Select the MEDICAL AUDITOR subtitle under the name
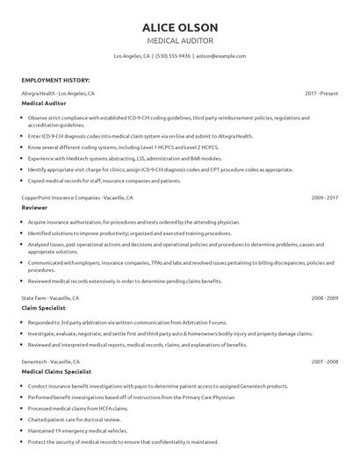[180, 40]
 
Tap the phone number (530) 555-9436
[172, 55]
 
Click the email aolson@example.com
[220, 55]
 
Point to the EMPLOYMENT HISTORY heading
[54, 79]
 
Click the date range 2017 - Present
[321, 92]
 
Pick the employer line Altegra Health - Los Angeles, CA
[58, 92]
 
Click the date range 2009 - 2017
[324, 197]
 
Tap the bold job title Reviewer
[35, 209]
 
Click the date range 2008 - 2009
[324, 297]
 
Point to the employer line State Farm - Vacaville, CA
[50, 297]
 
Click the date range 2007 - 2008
[324, 361]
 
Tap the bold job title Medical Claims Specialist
[61, 372]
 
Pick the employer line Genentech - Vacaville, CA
[51, 361]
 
